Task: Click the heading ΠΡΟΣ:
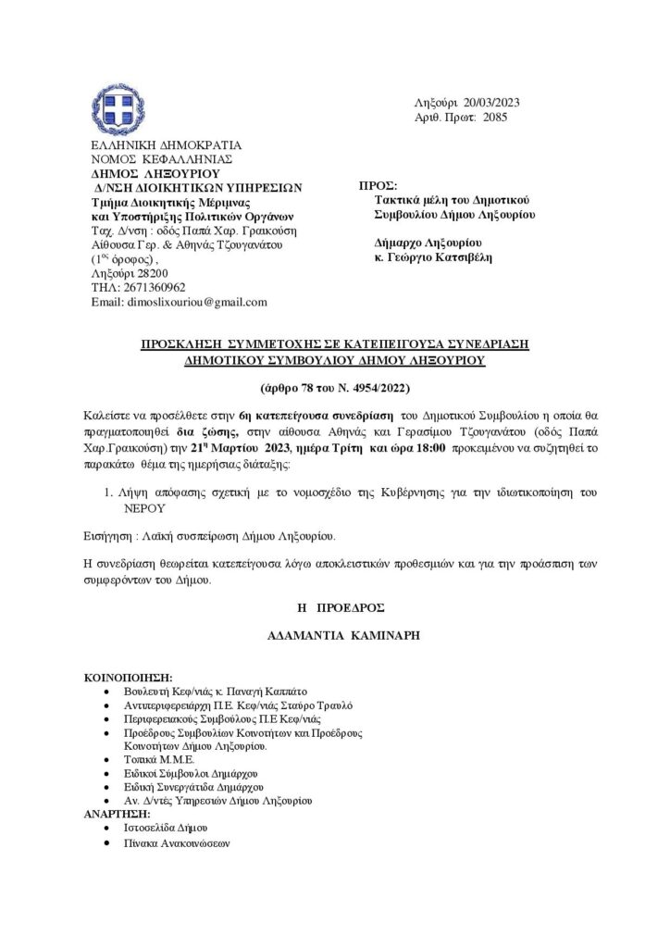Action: pyautogui.click(x=372, y=185)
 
